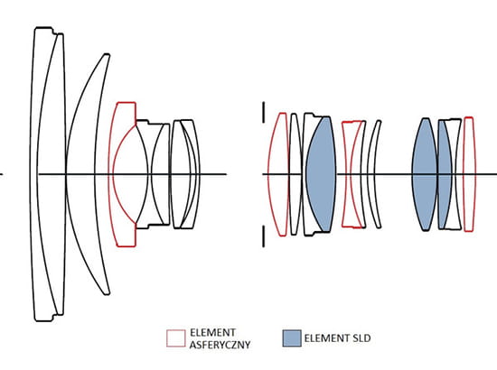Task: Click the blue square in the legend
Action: pos(292,338)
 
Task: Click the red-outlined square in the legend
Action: pos(176,338)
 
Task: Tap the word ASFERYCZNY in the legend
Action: pos(220,345)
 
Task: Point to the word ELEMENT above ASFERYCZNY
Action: pos(212,333)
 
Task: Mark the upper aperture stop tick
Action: pos(263,113)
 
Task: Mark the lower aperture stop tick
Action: pos(263,236)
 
